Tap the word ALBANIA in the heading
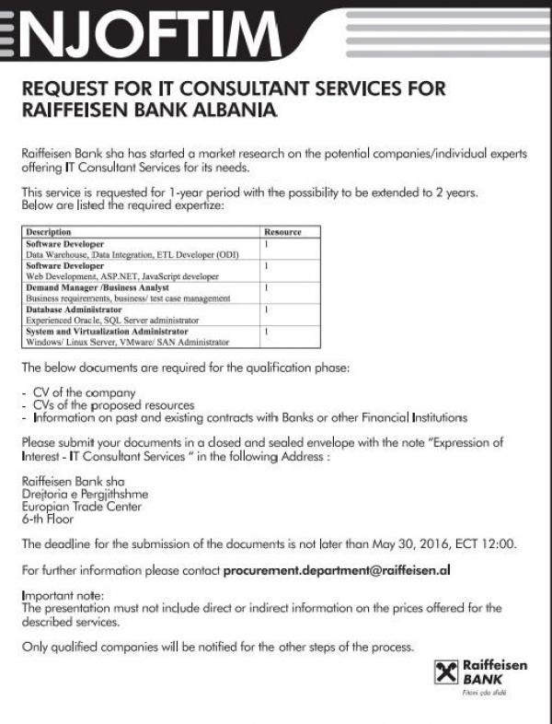(227, 110)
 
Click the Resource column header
(282, 232)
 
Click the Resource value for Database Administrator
(266, 309)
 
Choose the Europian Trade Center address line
(81, 507)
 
